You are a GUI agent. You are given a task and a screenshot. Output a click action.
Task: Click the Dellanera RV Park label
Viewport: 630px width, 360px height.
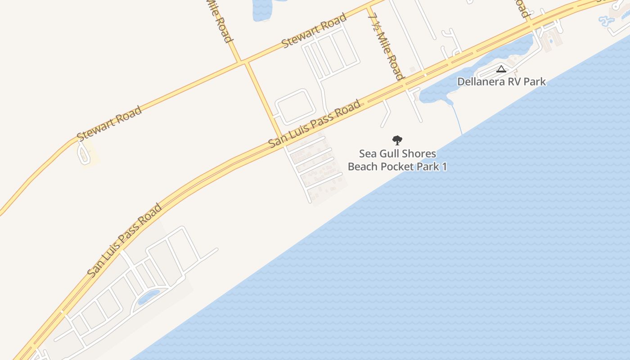(x=501, y=82)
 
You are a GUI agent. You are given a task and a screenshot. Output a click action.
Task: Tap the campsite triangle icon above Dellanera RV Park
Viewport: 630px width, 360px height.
(x=501, y=69)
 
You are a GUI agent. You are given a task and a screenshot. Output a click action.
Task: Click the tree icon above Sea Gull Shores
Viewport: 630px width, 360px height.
(x=397, y=140)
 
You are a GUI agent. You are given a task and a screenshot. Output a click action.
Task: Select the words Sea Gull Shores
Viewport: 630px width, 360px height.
(x=397, y=154)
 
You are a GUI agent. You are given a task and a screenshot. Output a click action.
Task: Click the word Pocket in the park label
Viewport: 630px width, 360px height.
(x=398, y=166)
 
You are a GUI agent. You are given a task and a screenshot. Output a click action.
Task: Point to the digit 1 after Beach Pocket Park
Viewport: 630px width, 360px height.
(x=444, y=166)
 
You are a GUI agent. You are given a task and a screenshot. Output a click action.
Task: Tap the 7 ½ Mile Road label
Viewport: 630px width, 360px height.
(x=385, y=46)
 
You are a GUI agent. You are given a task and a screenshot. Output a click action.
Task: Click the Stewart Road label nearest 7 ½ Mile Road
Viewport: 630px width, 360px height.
(x=314, y=31)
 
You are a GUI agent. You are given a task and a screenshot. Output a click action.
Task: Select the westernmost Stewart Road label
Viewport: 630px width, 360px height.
(x=109, y=123)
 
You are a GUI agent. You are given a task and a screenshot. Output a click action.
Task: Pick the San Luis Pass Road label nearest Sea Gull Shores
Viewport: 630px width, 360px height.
(x=315, y=124)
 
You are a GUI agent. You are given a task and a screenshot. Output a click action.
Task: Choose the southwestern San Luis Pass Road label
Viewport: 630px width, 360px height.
(x=125, y=240)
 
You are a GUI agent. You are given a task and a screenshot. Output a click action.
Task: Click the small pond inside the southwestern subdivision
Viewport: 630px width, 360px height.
(x=148, y=297)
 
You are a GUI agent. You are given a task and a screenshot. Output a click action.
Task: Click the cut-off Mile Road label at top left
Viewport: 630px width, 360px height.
(x=219, y=20)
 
